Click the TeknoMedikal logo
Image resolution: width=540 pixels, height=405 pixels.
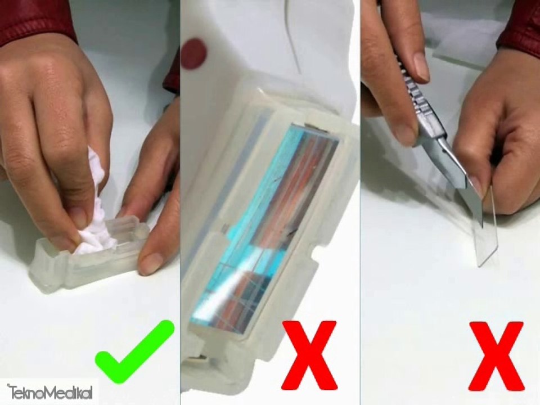coord(49,390)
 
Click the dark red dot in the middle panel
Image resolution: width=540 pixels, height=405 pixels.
coord(194,54)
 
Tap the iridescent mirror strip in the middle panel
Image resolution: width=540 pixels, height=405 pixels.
coord(264,225)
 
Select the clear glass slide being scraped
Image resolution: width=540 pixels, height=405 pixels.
coord(485,236)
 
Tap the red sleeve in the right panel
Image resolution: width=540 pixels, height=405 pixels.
coord(520,25)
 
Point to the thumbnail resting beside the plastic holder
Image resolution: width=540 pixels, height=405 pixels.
coord(151,263)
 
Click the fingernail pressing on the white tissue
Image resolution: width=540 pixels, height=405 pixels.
coord(79,217)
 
